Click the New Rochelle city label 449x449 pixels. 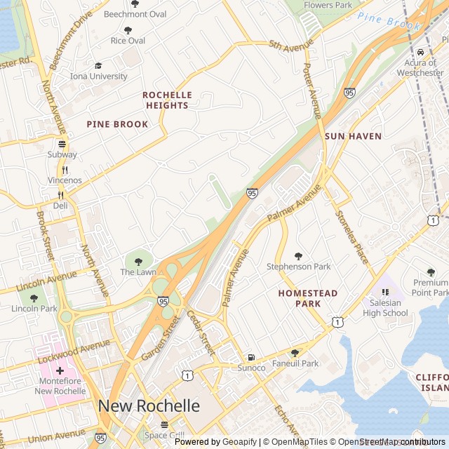tap(149, 406)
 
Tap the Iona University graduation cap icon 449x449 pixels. tap(98, 65)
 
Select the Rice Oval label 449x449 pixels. tap(128, 41)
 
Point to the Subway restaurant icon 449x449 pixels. tap(62, 144)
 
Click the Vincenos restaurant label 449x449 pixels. tap(65, 180)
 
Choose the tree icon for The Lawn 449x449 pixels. tap(138, 261)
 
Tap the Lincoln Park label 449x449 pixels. tap(34, 309)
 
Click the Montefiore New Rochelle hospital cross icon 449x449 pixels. tap(60, 370)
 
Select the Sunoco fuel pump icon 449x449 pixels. tap(251, 357)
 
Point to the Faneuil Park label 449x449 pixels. tap(295, 363)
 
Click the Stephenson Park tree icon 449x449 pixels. tap(298, 256)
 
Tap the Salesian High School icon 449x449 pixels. tap(384, 292)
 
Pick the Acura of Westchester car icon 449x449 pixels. tap(420, 53)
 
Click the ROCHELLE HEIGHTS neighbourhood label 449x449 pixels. tap(167, 100)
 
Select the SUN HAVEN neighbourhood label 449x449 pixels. tap(353, 136)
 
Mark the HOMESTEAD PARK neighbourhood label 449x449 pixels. tap(308, 298)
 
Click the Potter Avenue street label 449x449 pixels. tap(311, 90)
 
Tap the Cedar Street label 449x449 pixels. tap(200, 333)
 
